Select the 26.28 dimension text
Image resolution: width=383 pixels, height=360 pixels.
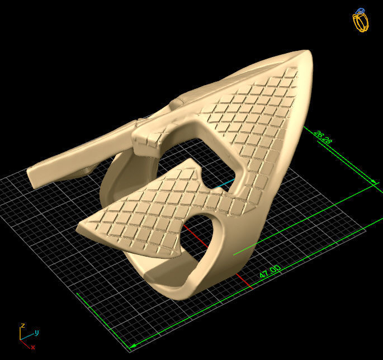tap(324, 137)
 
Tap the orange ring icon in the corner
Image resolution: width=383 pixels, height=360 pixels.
tap(361, 22)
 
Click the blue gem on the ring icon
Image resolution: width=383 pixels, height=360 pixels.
tap(361, 11)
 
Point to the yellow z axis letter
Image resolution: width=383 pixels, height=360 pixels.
tap(22, 325)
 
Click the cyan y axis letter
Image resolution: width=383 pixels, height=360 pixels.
tap(36, 332)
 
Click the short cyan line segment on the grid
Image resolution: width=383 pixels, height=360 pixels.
tap(226, 183)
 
